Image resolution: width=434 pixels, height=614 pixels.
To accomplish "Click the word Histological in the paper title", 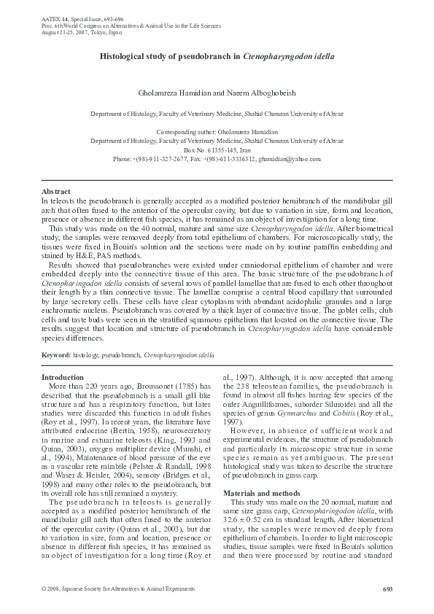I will pyautogui.click(x=125, y=56).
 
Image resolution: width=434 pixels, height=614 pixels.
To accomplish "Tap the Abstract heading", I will pyautogui.click(x=56, y=191).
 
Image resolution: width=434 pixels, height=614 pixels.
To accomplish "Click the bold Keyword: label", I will pyautogui.click(x=56, y=354).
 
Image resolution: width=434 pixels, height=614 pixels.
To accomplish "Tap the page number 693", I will pyautogui.click(x=387, y=589).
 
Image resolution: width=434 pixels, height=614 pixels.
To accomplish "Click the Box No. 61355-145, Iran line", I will pyautogui.click(x=217, y=149).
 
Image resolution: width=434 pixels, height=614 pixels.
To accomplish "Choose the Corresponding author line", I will pyautogui.click(x=217, y=132).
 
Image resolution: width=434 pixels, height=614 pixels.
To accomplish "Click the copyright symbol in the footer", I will pyautogui.click(x=44, y=589).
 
